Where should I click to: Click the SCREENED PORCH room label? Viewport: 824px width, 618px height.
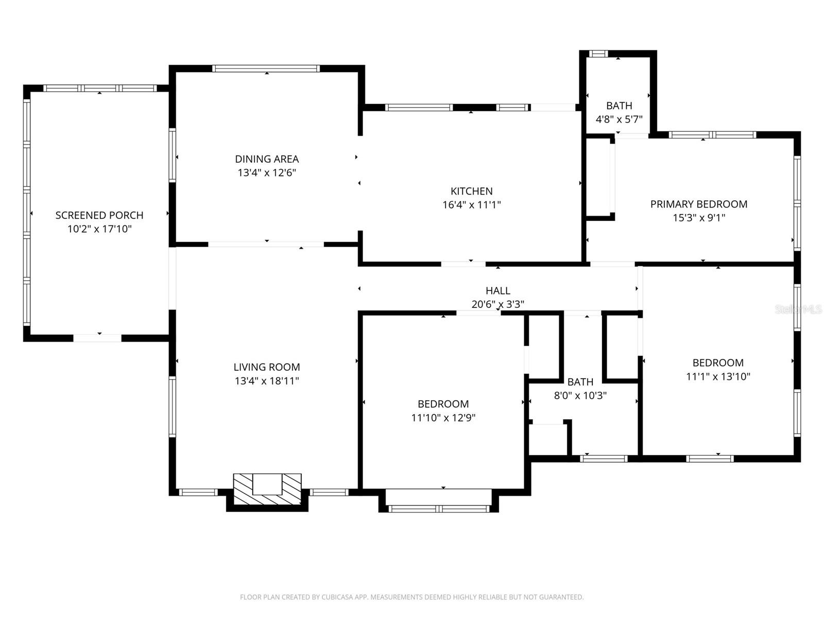coord(99,215)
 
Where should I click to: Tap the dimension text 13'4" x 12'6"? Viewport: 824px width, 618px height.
coord(267,173)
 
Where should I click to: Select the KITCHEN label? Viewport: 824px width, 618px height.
coord(471,191)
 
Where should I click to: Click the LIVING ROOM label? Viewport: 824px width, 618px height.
coord(267,367)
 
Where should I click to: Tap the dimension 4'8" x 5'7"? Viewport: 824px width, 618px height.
coord(619,119)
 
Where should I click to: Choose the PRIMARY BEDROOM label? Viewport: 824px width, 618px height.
coord(699,204)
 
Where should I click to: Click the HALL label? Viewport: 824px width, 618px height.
coord(497,290)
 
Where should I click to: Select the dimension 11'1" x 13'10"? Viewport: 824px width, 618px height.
coord(718,376)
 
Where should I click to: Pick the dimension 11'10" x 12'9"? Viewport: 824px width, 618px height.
coord(443,418)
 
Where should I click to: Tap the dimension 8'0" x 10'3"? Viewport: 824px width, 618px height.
coord(580,396)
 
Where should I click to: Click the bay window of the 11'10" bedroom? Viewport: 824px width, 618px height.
coord(439,508)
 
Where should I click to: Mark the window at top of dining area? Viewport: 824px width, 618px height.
coord(266,68)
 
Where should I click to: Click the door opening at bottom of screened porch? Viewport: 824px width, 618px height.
coord(98,338)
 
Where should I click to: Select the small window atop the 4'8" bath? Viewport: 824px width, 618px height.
coord(598,54)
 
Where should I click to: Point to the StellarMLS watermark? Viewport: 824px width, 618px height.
coord(798,309)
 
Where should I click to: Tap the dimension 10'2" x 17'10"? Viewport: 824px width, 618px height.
coord(99,229)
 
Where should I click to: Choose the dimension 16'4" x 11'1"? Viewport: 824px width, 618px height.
coord(471,205)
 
